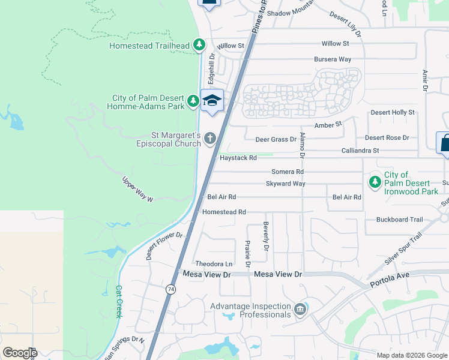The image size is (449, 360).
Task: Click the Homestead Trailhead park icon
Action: coord(199,45)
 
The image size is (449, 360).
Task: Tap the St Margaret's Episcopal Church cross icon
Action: coord(210,139)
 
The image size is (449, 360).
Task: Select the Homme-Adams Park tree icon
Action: coord(193,100)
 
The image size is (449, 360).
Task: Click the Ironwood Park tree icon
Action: coord(375,181)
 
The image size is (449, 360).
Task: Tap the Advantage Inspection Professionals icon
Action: coord(300,310)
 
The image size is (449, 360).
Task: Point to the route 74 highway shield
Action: coord(171,289)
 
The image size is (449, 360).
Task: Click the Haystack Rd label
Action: coord(238,158)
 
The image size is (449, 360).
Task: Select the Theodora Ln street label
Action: coord(214,264)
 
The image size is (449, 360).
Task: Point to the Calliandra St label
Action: coord(360,151)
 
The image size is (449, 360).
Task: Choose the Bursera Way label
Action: coord(333,59)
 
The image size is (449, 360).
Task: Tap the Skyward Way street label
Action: coord(286,184)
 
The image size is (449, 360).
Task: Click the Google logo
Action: coord(20,353)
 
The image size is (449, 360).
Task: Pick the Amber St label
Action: coord(328,125)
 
